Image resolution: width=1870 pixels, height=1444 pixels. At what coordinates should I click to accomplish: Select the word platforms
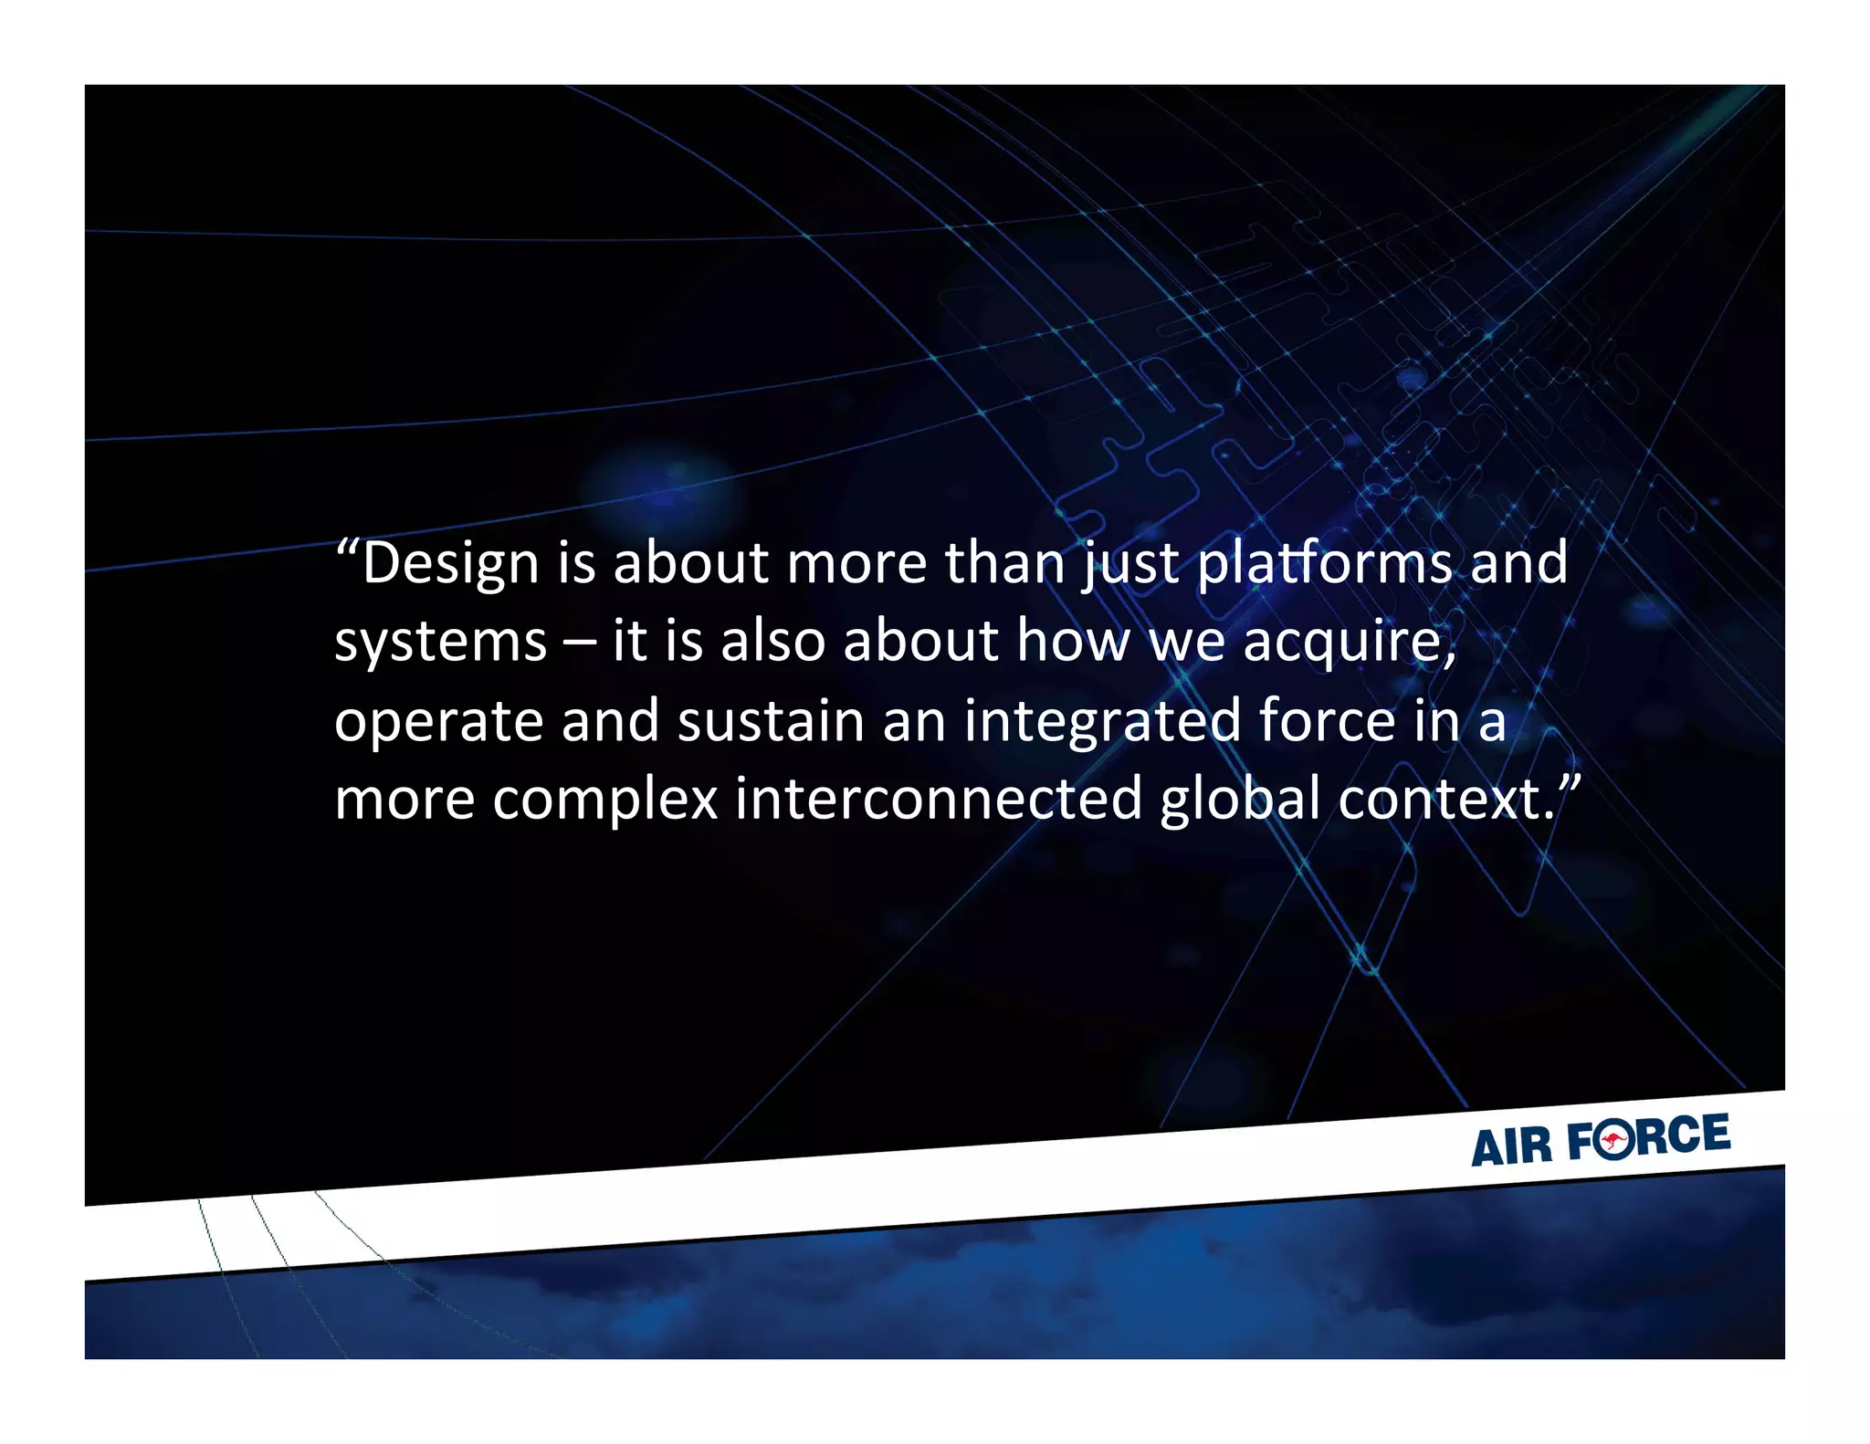1324,563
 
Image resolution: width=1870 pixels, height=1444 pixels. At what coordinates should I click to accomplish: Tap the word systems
440,642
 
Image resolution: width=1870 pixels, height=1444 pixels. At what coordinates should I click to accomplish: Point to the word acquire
1349,642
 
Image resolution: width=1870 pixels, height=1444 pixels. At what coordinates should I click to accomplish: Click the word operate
439,721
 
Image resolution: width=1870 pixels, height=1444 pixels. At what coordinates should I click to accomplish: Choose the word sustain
771,721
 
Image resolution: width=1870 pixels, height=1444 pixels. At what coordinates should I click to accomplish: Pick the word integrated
1102,721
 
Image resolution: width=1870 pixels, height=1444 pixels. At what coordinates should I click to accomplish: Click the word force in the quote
1327,721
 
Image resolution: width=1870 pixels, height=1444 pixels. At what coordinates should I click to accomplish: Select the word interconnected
939,800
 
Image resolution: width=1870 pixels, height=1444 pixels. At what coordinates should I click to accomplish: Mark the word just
1131,563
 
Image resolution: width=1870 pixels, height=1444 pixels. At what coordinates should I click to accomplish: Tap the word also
772,642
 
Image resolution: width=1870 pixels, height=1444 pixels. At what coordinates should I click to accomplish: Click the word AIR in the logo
1511,1146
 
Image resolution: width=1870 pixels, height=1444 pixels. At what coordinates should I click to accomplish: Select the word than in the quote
1005,563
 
